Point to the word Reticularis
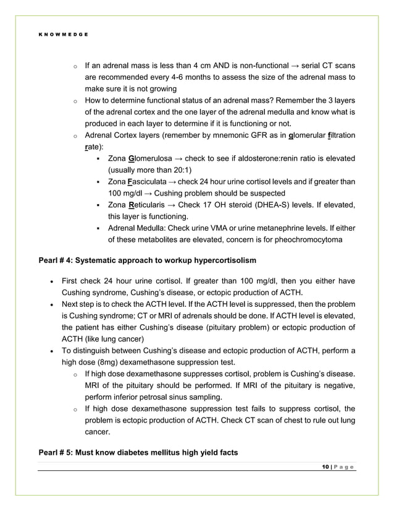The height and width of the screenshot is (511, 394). tap(148, 205)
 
